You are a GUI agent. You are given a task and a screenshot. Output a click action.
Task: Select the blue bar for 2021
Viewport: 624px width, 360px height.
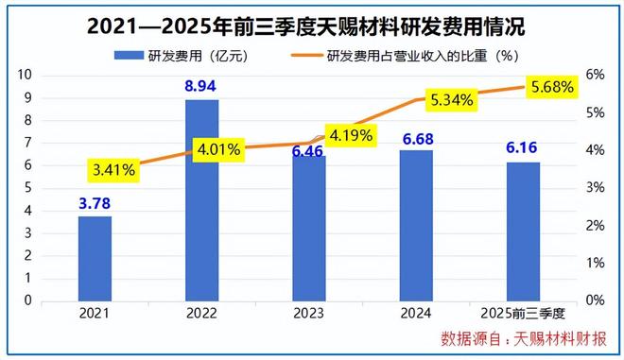coord(95,258)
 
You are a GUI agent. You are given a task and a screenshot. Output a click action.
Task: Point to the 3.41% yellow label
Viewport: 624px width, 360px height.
coord(114,170)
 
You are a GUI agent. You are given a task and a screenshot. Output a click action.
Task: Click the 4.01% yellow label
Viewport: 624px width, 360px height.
coord(219,148)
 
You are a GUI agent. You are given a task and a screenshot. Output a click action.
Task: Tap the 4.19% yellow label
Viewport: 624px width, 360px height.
coord(350,135)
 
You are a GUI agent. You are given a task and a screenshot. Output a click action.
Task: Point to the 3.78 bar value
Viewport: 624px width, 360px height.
coord(95,204)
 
